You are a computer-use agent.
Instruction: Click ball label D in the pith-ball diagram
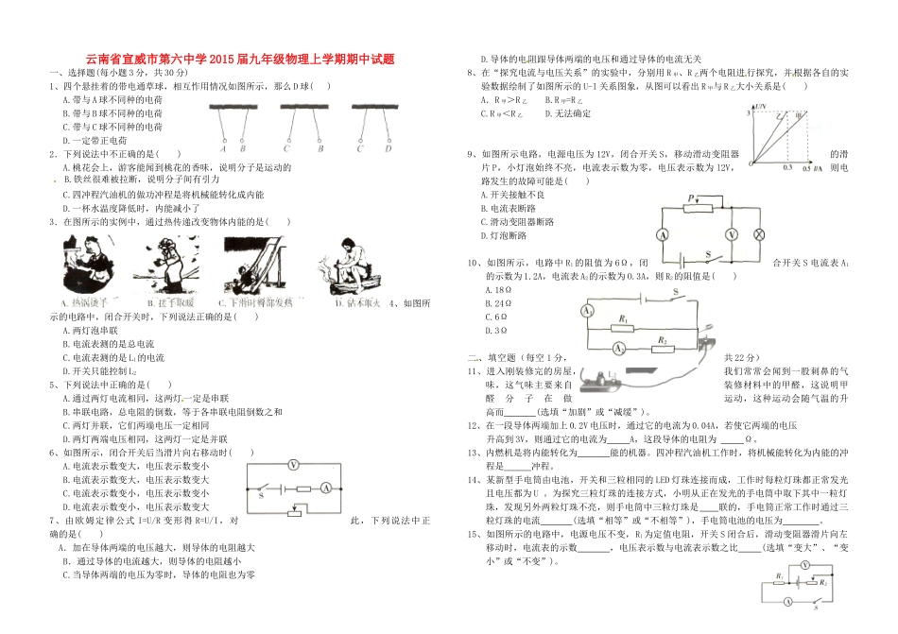coord(387,147)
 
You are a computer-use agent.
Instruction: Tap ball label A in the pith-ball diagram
coord(222,147)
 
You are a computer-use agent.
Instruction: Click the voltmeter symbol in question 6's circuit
coord(293,464)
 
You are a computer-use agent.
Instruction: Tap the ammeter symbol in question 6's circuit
coord(323,488)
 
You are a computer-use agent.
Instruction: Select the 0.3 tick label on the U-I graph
coord(786,167)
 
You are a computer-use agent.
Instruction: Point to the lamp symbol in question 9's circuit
coord(756,232)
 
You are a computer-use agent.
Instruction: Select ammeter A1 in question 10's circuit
coord(587,310)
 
